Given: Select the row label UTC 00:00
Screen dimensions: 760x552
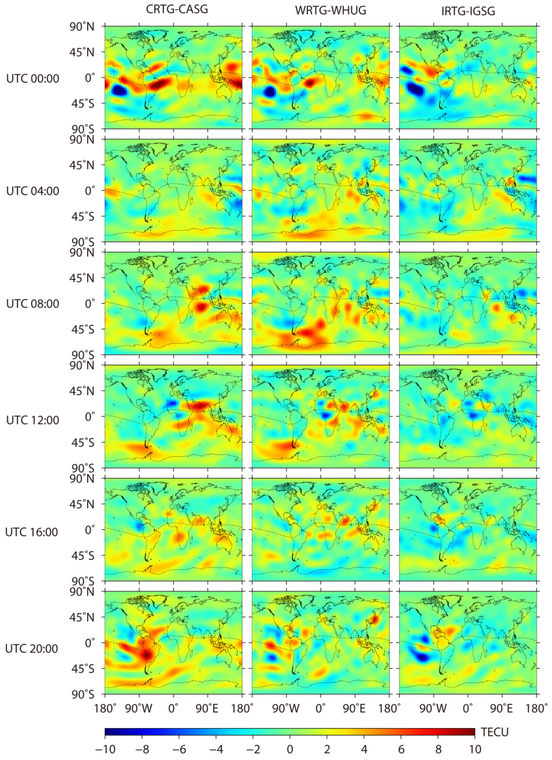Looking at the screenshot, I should click(33, 79).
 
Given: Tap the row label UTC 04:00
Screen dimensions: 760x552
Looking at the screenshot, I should click(33, 191).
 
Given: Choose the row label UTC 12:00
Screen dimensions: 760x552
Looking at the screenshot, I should click(33, 420).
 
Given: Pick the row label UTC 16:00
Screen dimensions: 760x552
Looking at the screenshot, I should click(32, 532).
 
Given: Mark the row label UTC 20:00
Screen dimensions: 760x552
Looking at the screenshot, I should click(32, 648).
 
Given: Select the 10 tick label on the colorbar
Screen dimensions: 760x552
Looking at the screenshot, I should click(475, 749).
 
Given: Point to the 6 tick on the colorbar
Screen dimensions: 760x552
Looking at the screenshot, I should click(401, 749).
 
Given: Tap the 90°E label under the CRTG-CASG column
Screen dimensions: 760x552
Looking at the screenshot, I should click(207, 708).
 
